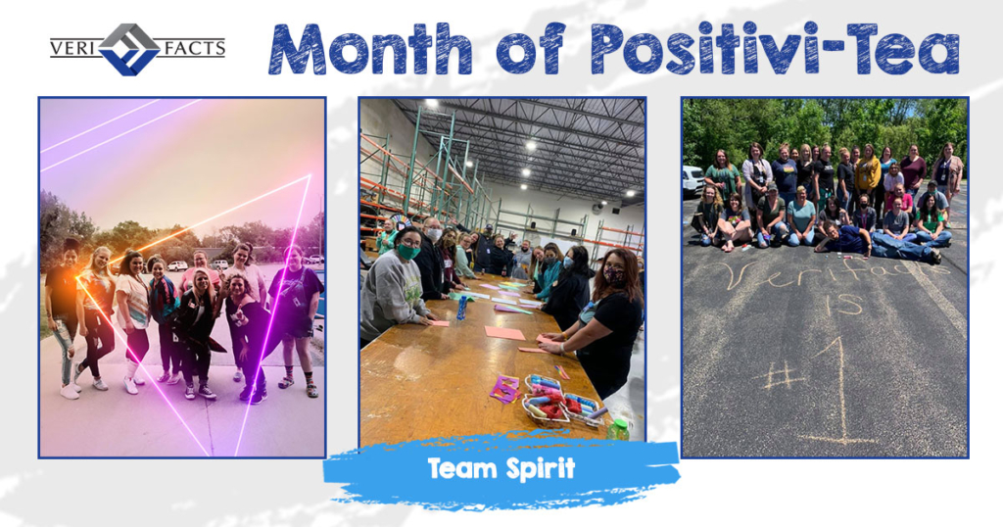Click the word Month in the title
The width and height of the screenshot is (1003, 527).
pos(370,49)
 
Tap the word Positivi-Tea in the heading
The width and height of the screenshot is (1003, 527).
pos(775,49)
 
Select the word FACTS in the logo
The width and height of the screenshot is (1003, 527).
pos(190,48)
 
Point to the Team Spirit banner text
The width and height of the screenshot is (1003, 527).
pos(501,468)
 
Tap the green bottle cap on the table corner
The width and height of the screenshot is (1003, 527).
pos(618,424)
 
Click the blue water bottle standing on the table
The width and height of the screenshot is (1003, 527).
pos(462,308)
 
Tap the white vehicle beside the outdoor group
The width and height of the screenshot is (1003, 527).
pos(693,181)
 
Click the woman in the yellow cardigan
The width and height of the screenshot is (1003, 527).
pos(868,174)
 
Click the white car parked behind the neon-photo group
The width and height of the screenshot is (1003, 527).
pos(177,265)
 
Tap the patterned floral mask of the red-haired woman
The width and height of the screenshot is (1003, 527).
pos(615,276)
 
